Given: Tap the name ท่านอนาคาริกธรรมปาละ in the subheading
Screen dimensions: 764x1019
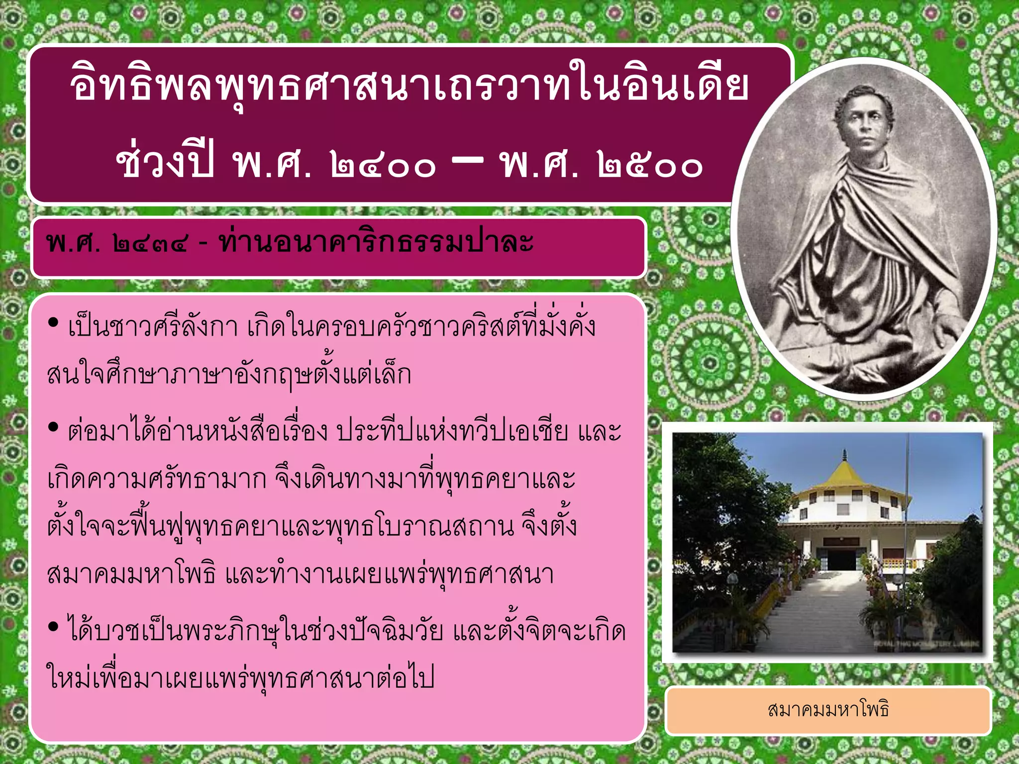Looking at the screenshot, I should (376, 243).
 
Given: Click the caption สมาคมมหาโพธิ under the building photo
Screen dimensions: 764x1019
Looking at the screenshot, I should (828, 709).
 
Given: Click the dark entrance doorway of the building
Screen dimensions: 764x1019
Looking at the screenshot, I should (842, 559).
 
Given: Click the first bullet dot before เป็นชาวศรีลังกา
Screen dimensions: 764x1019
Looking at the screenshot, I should (53, 323).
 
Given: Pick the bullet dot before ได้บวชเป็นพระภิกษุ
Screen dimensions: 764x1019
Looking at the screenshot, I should (53, 628).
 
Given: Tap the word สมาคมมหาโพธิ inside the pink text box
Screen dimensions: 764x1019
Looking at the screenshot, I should (132, 574).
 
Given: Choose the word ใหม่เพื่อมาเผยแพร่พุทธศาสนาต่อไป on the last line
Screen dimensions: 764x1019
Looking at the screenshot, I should (241, 678).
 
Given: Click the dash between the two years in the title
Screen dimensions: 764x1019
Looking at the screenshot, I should (467, 160).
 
